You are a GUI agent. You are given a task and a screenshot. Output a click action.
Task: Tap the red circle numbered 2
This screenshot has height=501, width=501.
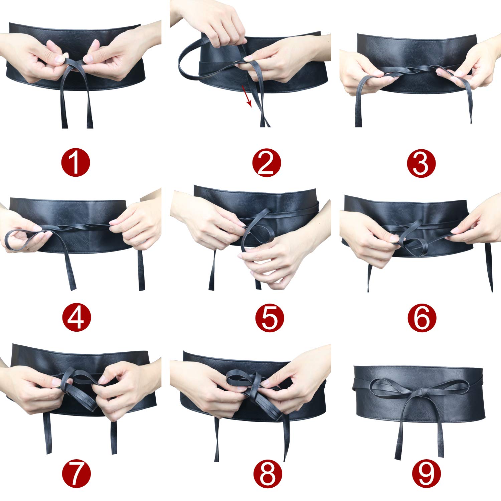click(x=267, y=163)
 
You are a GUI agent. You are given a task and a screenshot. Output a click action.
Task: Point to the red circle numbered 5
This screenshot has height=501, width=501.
click(x=269, y=318)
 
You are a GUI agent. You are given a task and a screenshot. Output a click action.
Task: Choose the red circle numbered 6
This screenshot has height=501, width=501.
click(x=422, y=318)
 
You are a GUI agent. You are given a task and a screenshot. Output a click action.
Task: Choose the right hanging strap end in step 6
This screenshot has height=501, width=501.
click(x=488, y=267)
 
